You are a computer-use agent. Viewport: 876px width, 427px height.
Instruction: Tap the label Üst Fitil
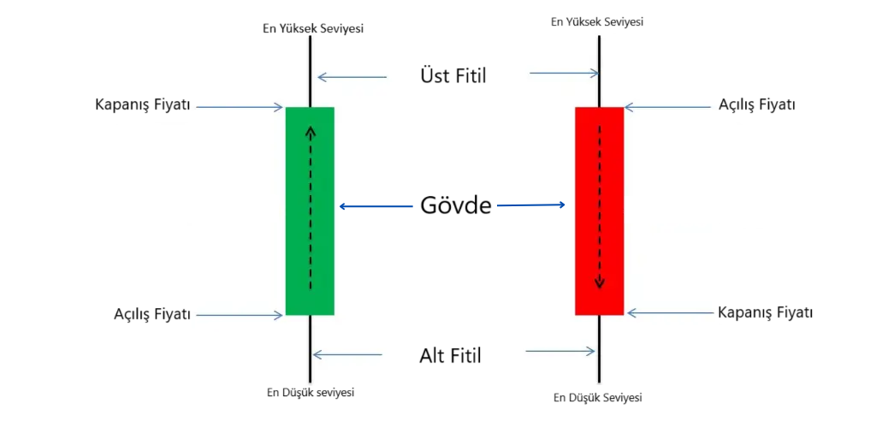point(453,75)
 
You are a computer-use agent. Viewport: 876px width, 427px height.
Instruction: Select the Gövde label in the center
point(455,205)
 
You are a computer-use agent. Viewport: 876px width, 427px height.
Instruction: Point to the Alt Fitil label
point(451,354)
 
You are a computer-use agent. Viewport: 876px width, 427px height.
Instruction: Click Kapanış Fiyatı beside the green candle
point(143,106)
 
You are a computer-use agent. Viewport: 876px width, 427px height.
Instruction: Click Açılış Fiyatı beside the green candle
point(151,314)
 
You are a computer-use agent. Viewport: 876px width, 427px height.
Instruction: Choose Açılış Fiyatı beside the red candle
point(757,105)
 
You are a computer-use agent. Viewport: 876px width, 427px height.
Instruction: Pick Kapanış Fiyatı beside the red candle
point(765,312)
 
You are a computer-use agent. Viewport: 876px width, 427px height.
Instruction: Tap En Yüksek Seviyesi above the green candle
point(313,28)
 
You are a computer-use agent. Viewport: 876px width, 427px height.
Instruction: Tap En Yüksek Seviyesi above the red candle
point(597,21)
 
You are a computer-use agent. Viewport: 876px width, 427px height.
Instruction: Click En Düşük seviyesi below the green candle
point(311,393)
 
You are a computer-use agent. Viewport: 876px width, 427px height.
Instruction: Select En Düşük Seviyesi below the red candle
point(598,398)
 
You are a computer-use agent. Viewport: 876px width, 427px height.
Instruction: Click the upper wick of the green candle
point(310,73)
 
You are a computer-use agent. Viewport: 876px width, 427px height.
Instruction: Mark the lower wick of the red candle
point(599,351)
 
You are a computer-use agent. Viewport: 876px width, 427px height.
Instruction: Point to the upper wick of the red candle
point(599,73)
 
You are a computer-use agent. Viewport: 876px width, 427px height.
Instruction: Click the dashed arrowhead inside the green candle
point(311,131)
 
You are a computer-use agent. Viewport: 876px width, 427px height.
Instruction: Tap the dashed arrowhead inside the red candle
point(599,283)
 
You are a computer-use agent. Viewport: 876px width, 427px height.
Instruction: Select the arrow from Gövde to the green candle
point(376,206)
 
